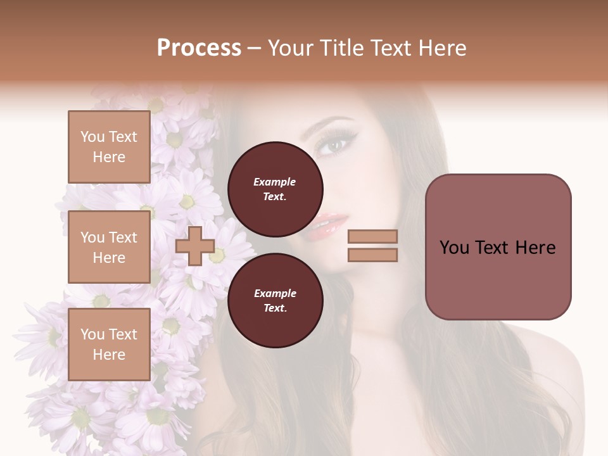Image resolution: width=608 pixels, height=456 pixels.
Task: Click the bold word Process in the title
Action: [x=199, y=48]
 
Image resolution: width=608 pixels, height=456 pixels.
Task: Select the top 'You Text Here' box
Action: [x=109, y=147]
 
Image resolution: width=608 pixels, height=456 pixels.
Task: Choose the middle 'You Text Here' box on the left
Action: [x=109, y=247]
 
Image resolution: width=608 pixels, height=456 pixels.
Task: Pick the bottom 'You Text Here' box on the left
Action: [x=109, y=344]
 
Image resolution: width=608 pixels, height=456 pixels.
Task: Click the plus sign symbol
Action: [x=195, y=246]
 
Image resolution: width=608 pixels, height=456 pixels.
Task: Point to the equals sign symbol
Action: [x=372, y=246]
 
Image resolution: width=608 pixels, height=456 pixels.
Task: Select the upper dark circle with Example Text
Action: [x=275, y=189]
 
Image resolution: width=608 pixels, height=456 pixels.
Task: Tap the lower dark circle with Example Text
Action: [x=275, y=300]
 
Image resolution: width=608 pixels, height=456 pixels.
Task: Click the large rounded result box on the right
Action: [x=498, y=247]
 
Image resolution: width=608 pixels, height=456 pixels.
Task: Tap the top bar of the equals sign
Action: [x=372, y=237]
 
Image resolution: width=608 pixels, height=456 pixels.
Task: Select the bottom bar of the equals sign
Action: [x=372, y=255]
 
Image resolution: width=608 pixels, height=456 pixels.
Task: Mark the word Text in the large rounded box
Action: [x=497, y=248]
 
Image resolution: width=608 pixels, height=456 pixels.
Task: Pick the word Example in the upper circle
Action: [x=275, y=182]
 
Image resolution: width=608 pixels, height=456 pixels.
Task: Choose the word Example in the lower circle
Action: [x=275, y=293]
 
